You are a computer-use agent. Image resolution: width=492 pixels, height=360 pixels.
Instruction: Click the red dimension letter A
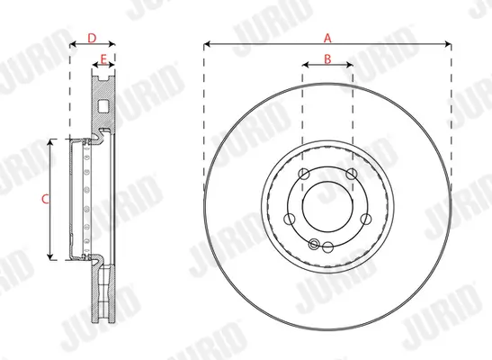click(x=327, y=38)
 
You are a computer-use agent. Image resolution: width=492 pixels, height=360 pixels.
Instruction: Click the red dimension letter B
click(x=327, y=58)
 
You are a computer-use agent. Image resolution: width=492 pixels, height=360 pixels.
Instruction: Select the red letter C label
click(x=46, y=200)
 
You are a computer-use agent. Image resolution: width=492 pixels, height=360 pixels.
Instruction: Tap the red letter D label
click(x=93, y=38)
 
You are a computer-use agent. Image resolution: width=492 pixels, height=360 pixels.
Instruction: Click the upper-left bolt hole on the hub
click(x=304, y=174)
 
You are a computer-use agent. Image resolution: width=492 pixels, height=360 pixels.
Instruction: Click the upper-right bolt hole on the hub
click(x=352, y=174)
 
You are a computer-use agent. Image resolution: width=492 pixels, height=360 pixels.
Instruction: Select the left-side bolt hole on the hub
click(x=289, y=219)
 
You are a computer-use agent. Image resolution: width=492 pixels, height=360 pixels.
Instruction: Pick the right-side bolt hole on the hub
click(x=367, y=219)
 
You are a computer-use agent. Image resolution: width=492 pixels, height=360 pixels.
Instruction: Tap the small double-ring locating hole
click(x=313, y=243)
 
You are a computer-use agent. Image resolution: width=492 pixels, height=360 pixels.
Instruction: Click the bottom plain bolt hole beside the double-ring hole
click(x=328, y=247)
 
